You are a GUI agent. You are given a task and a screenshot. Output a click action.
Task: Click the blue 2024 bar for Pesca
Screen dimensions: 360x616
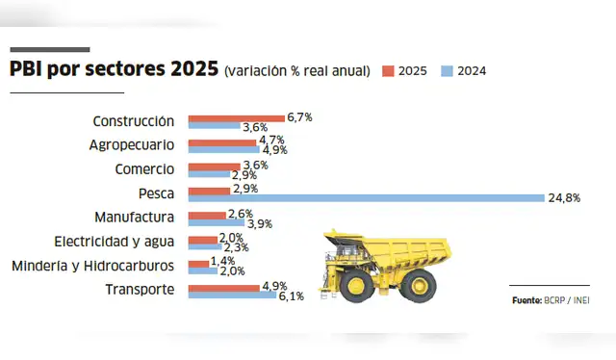pos(366,197)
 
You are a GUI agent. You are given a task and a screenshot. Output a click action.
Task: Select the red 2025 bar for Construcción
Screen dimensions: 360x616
pos(237,117)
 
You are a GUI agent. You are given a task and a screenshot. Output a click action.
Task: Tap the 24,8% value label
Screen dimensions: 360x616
pos(564,197)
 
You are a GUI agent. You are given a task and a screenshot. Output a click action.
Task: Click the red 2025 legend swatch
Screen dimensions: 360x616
pos(388,71)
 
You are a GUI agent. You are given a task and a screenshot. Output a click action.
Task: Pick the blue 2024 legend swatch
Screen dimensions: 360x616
pos(446,71)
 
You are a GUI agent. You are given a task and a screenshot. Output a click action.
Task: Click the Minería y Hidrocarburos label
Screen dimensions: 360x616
pos(92,266)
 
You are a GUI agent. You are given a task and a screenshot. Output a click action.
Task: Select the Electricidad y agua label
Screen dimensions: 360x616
pos(115,242)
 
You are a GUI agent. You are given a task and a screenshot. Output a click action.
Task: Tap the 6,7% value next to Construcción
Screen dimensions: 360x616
pos(299,116)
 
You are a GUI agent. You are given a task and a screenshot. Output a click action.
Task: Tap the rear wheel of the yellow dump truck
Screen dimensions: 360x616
pos(419,283)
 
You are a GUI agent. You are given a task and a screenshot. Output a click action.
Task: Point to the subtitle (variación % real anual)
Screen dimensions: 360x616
pos(296,72)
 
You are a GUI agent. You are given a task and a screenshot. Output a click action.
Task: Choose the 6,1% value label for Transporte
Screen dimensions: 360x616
pos(291,296)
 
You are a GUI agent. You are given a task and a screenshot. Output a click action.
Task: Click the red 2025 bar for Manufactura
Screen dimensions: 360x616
pos(207,214)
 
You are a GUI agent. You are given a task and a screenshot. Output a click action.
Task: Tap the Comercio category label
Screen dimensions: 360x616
pos(144,169)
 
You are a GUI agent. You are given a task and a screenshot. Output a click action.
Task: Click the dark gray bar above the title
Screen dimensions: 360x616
pos(49,49)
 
